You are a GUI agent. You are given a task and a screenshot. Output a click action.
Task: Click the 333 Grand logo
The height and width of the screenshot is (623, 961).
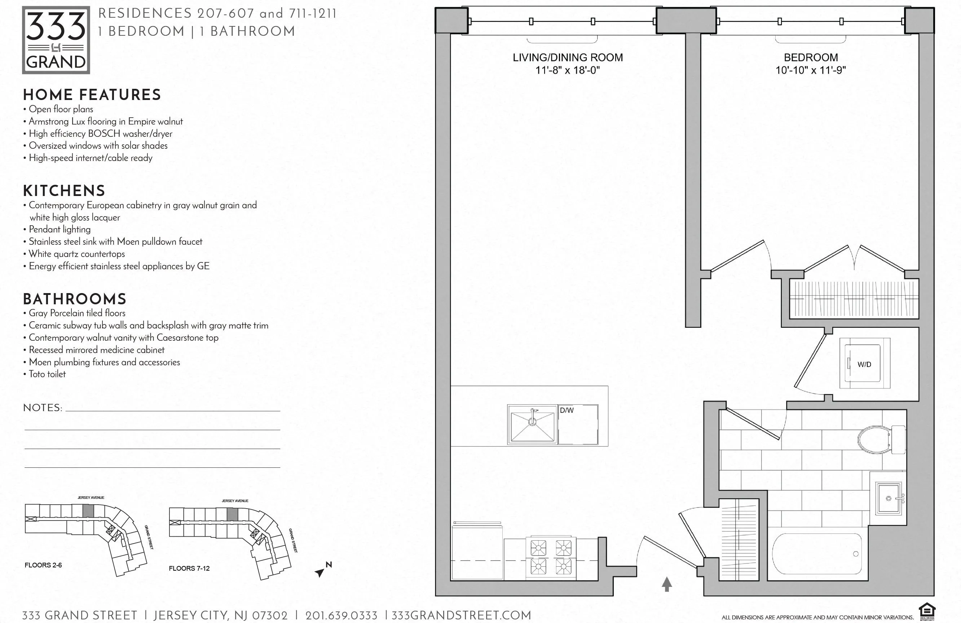point(56,40)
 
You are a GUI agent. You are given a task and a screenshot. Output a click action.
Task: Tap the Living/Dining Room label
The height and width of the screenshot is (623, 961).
point(567,58)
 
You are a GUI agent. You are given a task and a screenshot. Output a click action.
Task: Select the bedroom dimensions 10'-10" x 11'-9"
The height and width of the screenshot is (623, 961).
point(810,70)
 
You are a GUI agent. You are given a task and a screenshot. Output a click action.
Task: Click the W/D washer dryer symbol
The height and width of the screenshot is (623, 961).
point(864,364)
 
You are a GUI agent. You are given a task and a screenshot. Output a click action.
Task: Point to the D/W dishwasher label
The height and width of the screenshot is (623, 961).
point(567,410)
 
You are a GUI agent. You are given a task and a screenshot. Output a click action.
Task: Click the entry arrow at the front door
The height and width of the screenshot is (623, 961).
point(667,584)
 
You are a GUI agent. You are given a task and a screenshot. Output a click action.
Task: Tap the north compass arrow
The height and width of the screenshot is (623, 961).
point(320,572)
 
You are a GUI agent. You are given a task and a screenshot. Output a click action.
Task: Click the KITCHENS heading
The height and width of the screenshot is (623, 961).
point(64,191)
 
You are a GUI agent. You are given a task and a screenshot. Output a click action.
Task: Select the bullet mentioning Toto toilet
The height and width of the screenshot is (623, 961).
point(47,374)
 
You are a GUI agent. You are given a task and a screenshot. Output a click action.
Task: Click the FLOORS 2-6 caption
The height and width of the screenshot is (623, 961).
point(43,565)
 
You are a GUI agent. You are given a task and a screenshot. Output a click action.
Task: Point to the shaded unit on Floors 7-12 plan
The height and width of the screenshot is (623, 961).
point(232,514)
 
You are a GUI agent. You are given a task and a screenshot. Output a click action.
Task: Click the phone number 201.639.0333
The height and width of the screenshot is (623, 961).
point(341,616)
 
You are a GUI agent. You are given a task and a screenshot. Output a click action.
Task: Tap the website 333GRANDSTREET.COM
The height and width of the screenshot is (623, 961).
point(461,615)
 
